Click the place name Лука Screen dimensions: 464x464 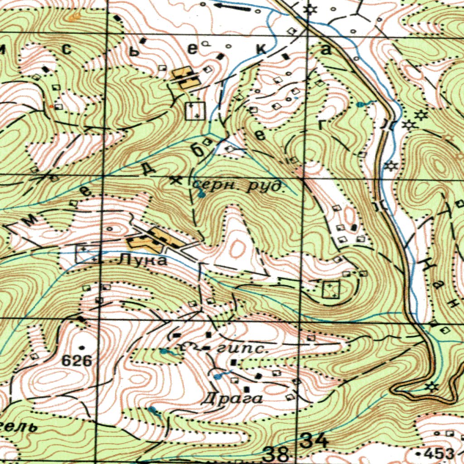pos(142,261)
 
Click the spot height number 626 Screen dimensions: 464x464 pos(77,361)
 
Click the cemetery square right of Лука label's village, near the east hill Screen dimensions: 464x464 pos(331,289)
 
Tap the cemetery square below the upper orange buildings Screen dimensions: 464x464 pos(195,111)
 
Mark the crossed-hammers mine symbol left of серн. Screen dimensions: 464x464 pos(175,180)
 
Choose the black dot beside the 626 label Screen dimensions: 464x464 pos(82,348)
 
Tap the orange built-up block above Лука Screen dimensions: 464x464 pos(156,239)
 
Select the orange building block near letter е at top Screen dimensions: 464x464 pos(184,78)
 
